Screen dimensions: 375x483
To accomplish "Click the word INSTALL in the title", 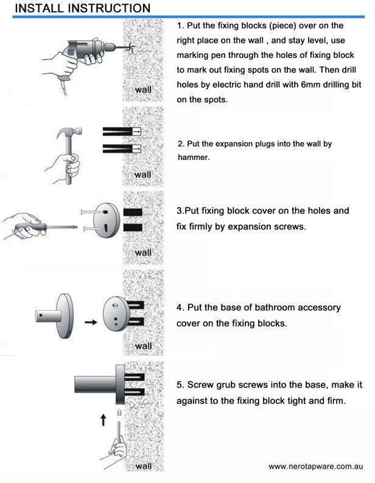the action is (39, 8).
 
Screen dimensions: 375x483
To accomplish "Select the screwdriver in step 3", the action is (46, 228).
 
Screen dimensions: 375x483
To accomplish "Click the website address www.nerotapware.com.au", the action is (316, 466).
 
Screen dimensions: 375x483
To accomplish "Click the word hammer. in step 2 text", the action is (193, 157).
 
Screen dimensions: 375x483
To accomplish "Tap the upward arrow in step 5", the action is (104, 420).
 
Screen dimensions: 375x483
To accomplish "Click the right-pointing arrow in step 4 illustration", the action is (90, 322).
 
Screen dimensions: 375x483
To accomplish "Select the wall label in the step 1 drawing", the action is (143, 90).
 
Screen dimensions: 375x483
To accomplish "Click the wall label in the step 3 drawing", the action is (143, 253).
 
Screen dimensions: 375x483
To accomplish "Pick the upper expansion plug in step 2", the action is (122, 131).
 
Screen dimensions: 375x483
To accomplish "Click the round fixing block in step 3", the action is (106, 219).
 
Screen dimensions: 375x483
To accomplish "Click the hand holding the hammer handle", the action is (66, 168).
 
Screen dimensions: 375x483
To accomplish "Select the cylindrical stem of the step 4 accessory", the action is (49, 316).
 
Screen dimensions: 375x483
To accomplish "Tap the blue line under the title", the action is (189, 17).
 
